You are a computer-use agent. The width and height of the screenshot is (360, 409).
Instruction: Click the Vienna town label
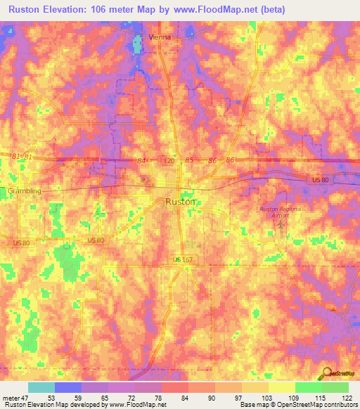[x=160, y=37]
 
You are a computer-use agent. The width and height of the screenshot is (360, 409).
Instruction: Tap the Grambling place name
[x=25, y=190]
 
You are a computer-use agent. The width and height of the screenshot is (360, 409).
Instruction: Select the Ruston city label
[x=181, y=201]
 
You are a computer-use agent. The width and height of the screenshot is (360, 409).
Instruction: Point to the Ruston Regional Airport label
[x=281, y=212]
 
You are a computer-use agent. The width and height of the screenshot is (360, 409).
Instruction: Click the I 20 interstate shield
[x=169, y=161]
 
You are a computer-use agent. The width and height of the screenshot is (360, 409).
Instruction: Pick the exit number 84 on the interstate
[x=143, y=161]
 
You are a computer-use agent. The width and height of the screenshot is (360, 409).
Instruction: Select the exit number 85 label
[x=189, y=161]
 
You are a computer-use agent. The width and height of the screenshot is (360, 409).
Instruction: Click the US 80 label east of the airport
[x=320, y=181]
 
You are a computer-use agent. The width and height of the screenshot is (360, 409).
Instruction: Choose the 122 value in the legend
[x=348, y=398]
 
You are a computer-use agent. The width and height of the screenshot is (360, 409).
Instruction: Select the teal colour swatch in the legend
[x=41, y=387]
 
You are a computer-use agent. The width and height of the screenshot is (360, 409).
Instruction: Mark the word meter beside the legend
[x=12, y=398]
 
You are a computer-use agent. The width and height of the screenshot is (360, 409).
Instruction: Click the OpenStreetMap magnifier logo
[x=326, y=374]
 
